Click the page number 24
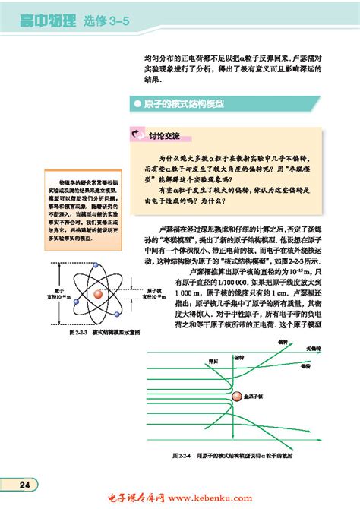click(25, 485)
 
